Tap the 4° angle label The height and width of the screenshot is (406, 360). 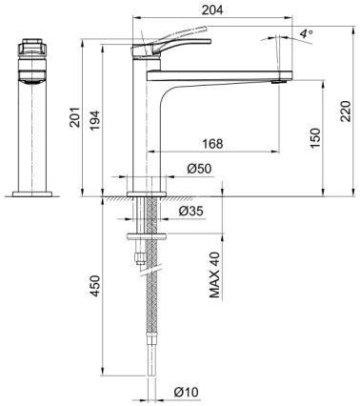305,33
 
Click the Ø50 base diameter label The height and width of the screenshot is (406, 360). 198,169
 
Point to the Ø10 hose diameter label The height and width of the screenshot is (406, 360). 187,392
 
